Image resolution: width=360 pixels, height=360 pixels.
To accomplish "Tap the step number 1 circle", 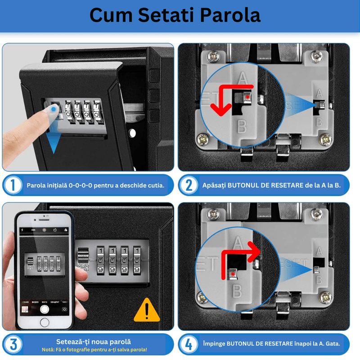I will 13,185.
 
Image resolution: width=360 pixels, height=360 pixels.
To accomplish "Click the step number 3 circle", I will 13,345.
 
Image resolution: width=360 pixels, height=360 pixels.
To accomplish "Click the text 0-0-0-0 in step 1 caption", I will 81,185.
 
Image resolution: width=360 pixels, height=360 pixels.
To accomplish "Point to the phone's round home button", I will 44,322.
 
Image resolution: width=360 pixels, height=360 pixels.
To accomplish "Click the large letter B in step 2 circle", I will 242,127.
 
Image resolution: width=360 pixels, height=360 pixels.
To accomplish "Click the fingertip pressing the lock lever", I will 54,109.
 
